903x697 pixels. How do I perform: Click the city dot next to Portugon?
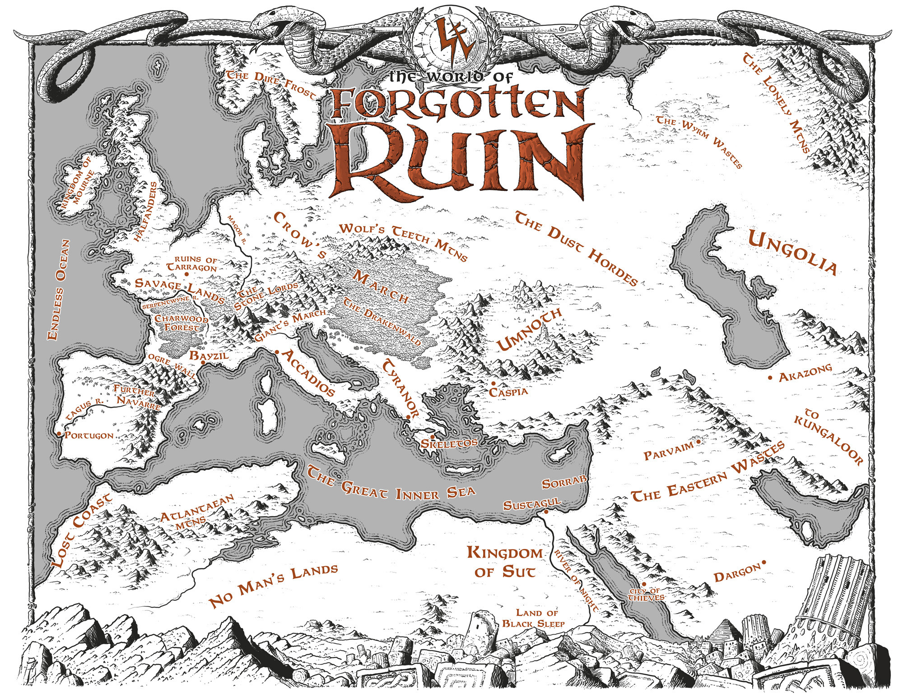59,434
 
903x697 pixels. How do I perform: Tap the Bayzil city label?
209,355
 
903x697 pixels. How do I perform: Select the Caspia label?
508,391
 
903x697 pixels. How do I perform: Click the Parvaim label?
668,452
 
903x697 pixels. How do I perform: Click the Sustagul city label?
532,503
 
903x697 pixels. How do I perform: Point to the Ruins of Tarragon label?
192,264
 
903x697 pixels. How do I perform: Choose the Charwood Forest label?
182,323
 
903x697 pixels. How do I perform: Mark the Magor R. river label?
237,229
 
